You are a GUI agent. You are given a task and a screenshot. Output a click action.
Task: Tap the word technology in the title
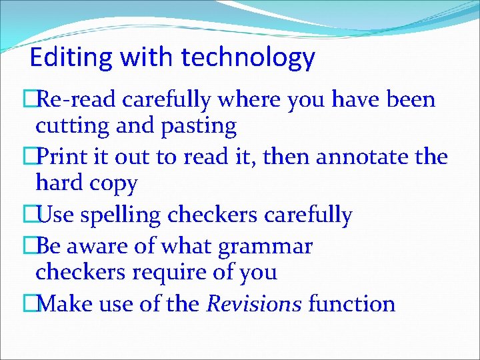pos(248,58)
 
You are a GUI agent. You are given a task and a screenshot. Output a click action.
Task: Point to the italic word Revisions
pos(254,304)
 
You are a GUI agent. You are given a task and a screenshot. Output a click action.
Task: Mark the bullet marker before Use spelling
pos(28,215)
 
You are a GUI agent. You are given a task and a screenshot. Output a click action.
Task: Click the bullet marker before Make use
pos(28,304)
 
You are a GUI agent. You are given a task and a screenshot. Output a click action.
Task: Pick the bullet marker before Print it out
pos(28,157)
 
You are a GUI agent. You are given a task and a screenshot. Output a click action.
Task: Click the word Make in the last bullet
pos(65,304)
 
